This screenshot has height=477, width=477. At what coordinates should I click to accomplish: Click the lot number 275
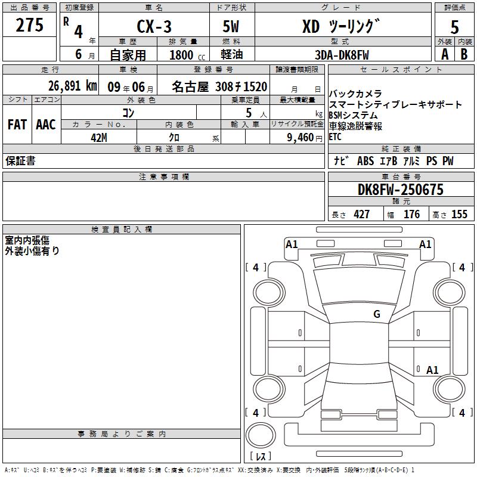tap(29, 25)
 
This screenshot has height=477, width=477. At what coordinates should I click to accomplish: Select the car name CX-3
tap(154, 26)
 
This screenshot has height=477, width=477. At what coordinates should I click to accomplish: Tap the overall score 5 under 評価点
tap(454, 27)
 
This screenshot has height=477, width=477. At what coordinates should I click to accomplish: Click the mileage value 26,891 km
tap(72, 86)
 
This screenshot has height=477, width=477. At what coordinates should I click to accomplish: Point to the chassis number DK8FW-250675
tap(401, 190)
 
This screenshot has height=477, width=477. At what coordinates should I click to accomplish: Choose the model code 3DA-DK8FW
tap(342, 55)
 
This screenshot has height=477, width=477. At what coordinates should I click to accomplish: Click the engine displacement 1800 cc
tap(187, 55)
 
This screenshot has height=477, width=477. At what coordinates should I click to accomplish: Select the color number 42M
tap(99, 138)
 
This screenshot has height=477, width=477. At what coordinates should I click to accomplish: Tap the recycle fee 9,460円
tap(305, 138)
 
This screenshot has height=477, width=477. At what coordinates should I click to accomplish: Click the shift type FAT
tap(17, 125)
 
